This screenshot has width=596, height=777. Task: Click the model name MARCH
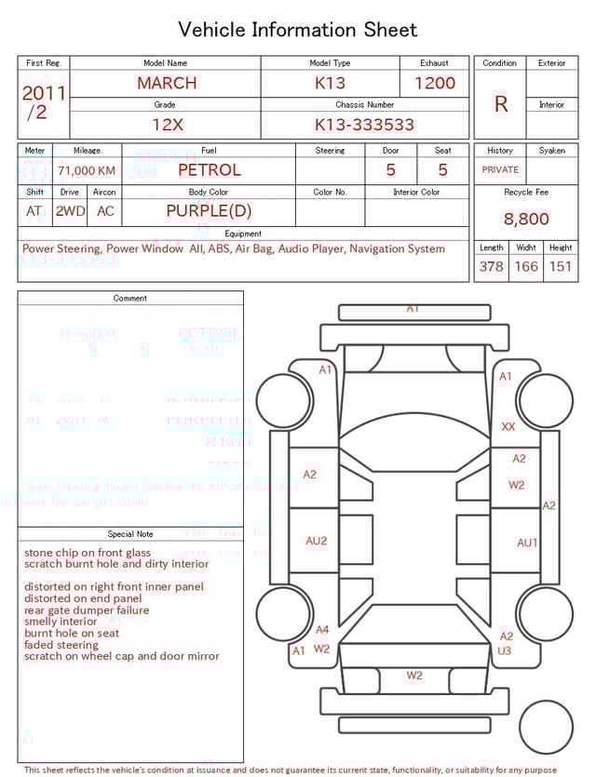tap(167, 83)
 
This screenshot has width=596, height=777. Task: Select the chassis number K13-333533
tap(364, 125)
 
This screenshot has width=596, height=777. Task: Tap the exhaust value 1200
tap(435, 83)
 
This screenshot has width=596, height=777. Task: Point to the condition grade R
tap(501, 104)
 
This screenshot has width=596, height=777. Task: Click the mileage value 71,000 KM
tap(87, 170)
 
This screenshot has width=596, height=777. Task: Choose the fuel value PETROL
tap(209, 169)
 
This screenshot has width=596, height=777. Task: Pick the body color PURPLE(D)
tap(209, 211)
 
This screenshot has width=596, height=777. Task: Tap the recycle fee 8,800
tap(526, 219)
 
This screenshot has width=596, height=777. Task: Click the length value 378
tap(491, 266)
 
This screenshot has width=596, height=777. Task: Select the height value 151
tap(560, 266)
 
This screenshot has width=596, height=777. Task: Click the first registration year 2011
tap(44, 93)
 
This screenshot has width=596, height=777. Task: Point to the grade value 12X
tap(167, 125)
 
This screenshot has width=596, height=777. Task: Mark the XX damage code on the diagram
tap(508, 427)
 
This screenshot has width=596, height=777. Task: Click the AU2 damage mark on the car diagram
tap(317, 541)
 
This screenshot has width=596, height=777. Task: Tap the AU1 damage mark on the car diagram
tap(527, 543)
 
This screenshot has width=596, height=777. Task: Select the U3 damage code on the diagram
tap(505, 650)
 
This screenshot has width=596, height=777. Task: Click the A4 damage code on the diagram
tap(322, 630)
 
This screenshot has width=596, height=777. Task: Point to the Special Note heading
tap(130, 534)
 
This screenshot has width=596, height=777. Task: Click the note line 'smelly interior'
tap(61, 622)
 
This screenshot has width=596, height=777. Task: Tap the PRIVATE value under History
tap(500, 170)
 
